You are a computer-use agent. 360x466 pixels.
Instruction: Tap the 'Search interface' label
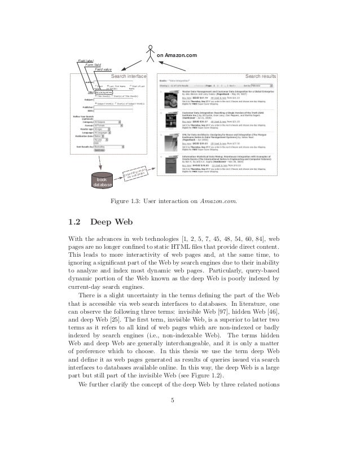(129, 76)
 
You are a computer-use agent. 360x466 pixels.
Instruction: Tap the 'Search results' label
(260, 76)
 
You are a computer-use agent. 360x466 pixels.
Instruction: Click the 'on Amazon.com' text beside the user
(177, 55)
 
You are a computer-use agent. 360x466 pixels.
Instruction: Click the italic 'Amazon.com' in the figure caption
(218, 200)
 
